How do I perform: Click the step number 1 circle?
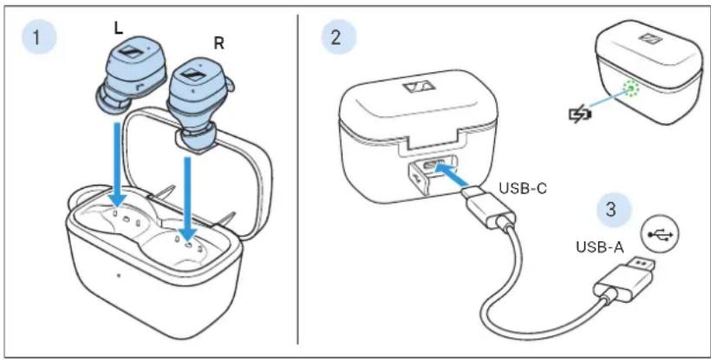(39, 37)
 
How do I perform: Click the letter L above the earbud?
(118, 29)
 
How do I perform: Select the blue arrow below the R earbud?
(186, 198)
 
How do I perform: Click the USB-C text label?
(523, 188)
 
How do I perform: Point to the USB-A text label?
(600, 247)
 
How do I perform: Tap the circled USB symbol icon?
(661, 234)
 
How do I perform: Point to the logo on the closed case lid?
(415, 88)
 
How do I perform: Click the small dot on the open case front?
(119, 275)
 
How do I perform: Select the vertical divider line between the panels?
(298, 179)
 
